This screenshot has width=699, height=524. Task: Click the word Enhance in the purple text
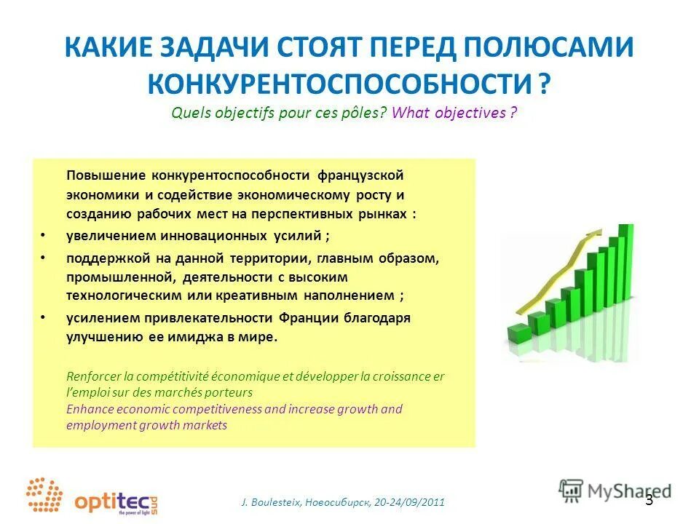tap(89, 409)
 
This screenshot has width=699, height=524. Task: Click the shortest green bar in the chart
tap(518, 335)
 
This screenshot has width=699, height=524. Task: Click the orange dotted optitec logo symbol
tap(45, 495)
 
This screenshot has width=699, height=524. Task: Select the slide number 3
tap(649, 500)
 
